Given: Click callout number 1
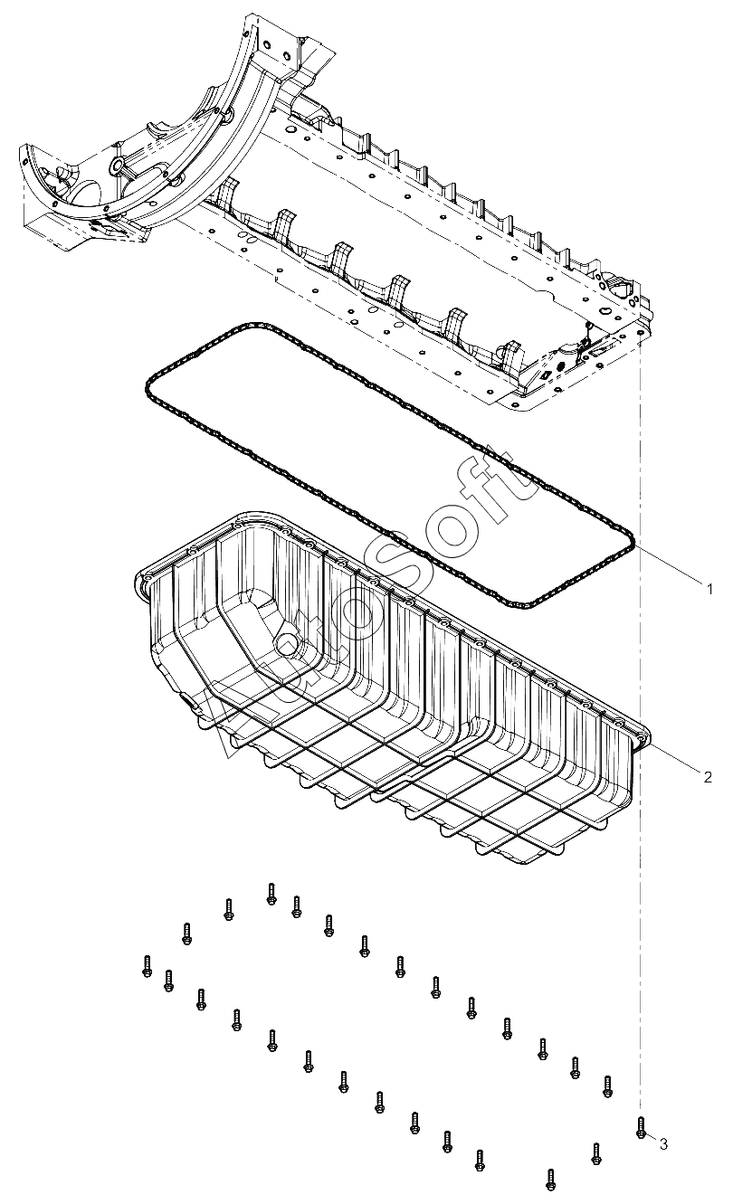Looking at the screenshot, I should point(710,589).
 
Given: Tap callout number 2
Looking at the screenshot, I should point(708,775).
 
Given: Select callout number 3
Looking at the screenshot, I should point(663,1144).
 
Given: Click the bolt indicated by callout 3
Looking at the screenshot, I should point(641,1127).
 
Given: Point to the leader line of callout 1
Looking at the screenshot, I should point(670,567).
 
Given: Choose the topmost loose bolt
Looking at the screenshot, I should point(271,893).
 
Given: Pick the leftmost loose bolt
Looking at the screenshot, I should point(147,965).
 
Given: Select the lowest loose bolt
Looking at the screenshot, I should point(550,1179).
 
